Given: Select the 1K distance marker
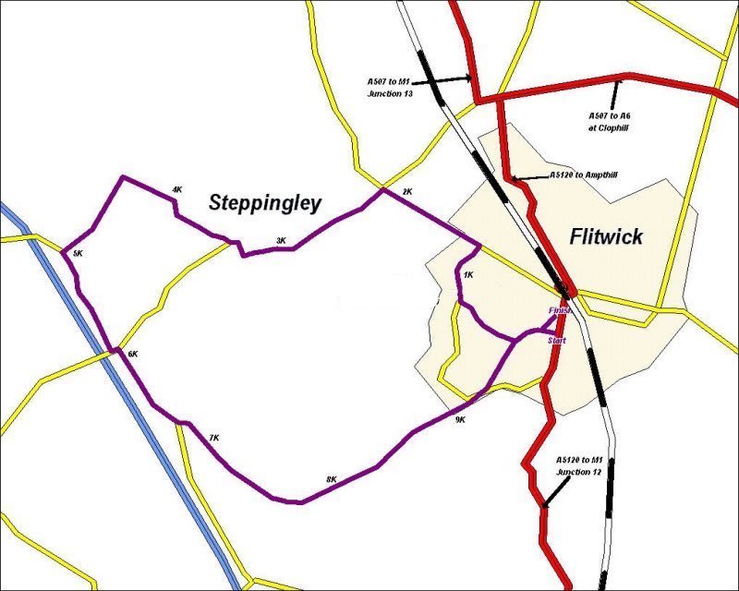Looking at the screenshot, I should [x=468, y=275].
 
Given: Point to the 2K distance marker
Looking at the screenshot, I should [x=407, y=192].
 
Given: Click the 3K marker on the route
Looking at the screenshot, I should [x=281, y=241].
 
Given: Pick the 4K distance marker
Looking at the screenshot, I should [x=176, y=190].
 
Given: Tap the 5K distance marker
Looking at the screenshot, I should [x=78, y=253].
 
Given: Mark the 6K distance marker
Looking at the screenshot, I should [x=132, y=354].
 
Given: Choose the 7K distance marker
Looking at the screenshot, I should [x=213, y=437].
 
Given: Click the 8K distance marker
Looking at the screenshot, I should [x=331, y=479].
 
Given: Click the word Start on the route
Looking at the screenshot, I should [x=556, y=341].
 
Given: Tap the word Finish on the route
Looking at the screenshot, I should [x=560, y=310].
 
